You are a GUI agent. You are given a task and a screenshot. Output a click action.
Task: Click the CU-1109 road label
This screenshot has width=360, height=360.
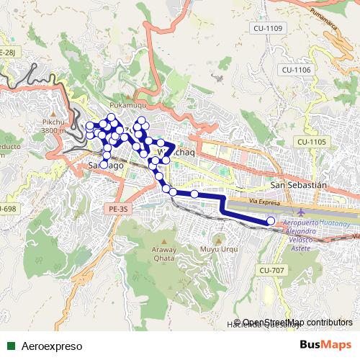click(267, 28)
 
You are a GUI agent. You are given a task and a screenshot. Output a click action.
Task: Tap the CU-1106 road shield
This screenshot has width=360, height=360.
click(296, 70)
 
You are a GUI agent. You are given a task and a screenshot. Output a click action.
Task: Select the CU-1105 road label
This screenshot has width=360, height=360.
click(311, 142)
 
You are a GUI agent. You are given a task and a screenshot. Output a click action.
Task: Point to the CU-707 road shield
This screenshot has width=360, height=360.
click(271, 269)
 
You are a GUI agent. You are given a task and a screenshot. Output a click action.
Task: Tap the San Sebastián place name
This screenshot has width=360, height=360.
click(298, 184)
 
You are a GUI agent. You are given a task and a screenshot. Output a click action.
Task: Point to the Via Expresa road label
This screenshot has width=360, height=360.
click(264, 204)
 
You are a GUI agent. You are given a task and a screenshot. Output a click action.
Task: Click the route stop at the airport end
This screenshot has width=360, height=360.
click(271, 221)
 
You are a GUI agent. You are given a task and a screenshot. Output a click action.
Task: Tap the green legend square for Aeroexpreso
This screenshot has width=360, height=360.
click(10, 346)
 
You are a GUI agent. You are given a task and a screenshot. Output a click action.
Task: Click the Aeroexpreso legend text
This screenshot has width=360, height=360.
click(51, 346)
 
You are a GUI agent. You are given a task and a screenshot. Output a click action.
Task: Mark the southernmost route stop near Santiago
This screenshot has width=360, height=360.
click(104, 165)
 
